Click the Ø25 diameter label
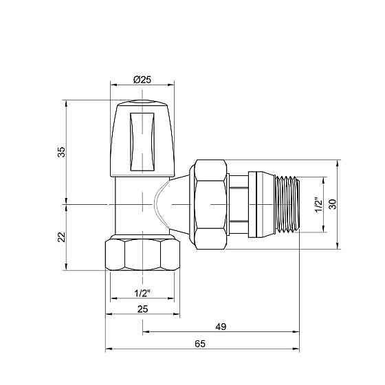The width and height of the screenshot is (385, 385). pyautogui.click(x=142, y=80)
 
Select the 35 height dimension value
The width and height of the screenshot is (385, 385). pyautogui.click(x=61, y=151)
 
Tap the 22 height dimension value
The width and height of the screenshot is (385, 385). pyautogui.click(x=61, y=236)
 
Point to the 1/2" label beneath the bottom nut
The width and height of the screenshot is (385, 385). pyautogui.click(x=142, y=294)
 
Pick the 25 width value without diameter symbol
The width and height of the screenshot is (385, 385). pyautogui.click(x=142, y=309)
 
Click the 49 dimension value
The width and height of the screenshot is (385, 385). pyautogui.click(x=221, y=326)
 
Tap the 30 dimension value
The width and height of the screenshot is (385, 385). pyautogui.click(x=333, y=205)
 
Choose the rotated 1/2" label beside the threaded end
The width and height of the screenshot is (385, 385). pyautogui.click(x=317, y=205)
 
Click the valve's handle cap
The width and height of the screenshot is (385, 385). pyautogui.click(x=142, y=137)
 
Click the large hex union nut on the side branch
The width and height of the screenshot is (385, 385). pyautogui.click(x=210, y=204)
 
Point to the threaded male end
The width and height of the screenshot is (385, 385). pyautogui.click(x=289, y=204)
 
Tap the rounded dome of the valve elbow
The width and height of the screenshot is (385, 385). pyautogui.click(x=162, y=204)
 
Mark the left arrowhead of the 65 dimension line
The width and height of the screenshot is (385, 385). pyautogui.click(x=109, y=350)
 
